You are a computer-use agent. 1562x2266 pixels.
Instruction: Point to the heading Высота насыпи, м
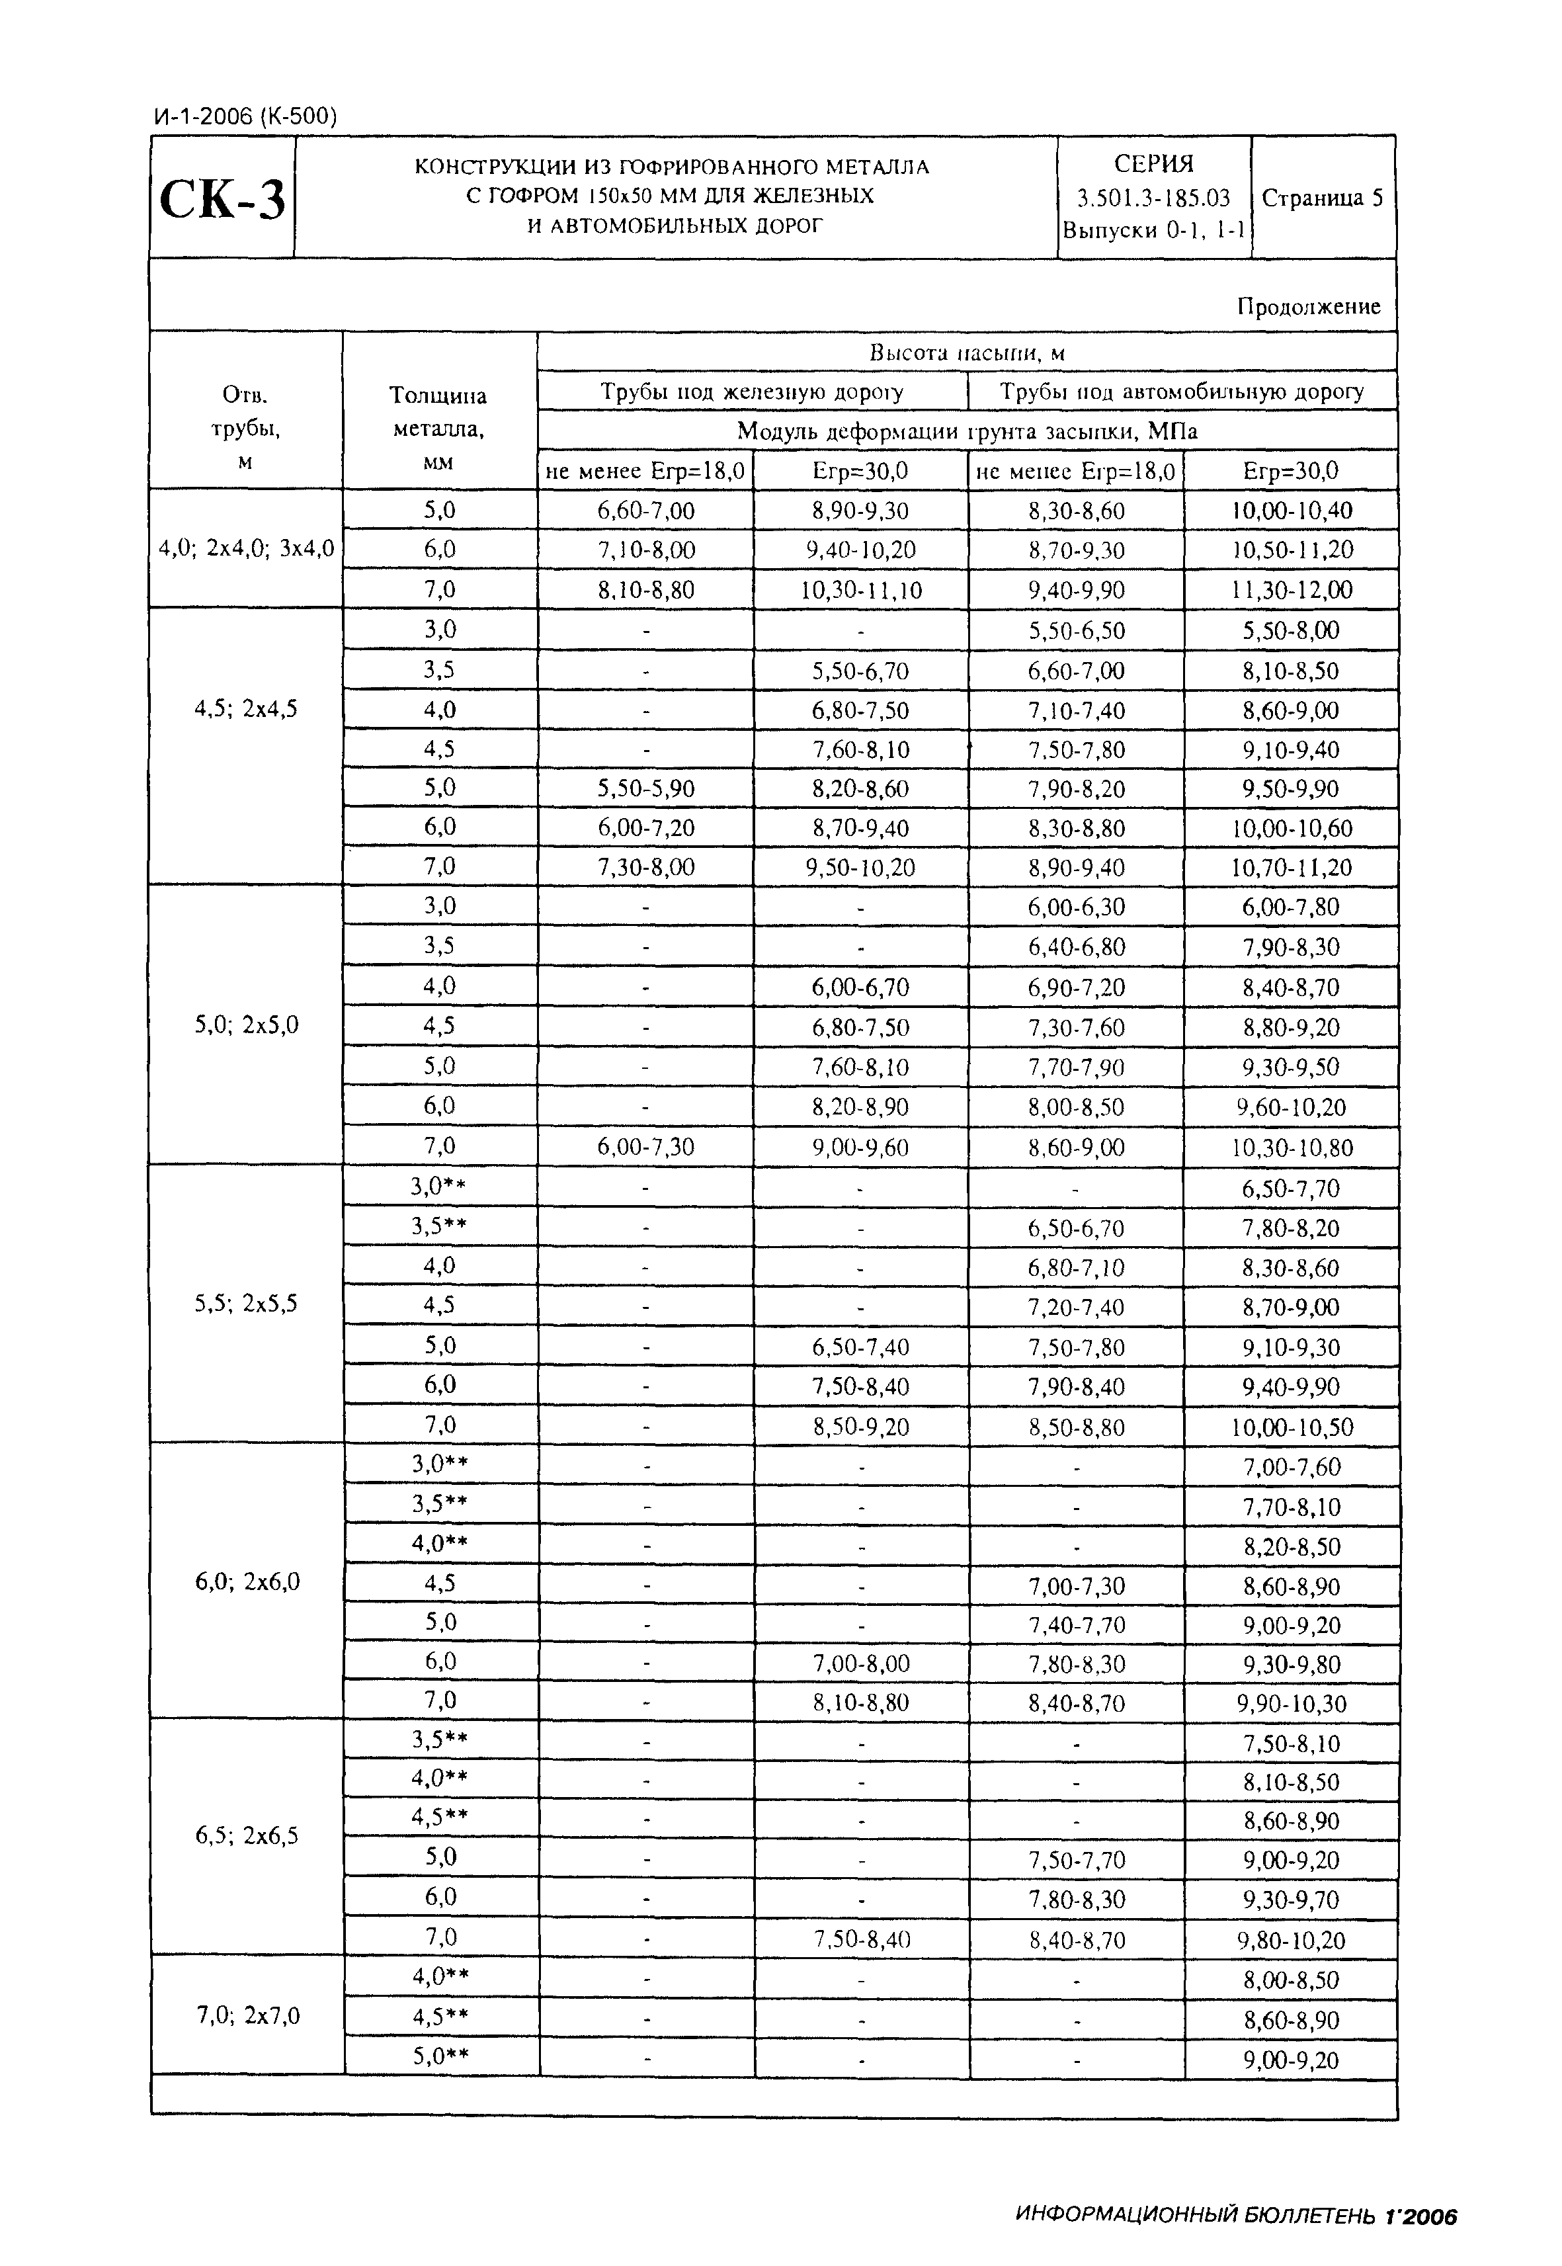(966, 353)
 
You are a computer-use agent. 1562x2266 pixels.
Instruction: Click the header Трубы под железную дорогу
(752, 392)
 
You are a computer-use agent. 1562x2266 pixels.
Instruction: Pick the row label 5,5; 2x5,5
(245, 1304)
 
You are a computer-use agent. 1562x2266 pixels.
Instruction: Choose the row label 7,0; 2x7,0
(245, 2015)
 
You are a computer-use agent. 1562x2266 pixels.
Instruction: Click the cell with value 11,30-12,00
(1292, 590)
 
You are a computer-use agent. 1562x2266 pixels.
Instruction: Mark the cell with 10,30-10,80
(1292, 1147)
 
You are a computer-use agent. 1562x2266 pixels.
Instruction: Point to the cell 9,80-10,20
(1292, 1940)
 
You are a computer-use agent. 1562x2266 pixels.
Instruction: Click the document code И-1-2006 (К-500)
(245, 118)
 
